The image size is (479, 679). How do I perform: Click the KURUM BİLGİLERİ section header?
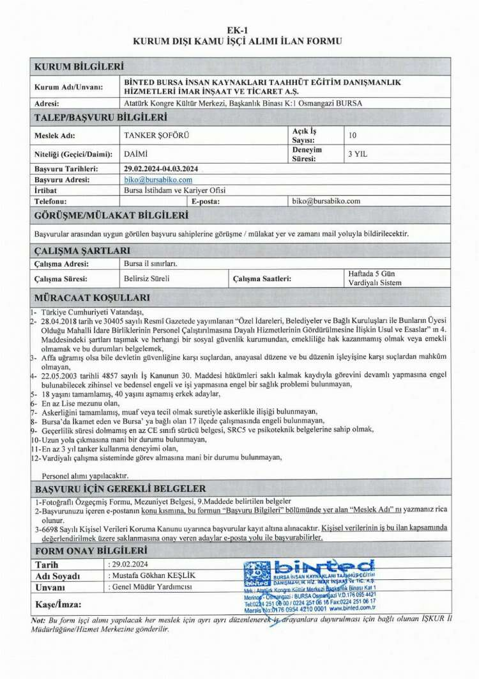pyautogui.click(x=79, y=66)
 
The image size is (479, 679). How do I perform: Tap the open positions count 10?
pyautogui.click(x=353, y=135)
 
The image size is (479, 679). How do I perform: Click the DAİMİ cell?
pyautogui.click(x=136, y=154)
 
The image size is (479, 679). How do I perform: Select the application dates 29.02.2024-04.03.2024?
pyautogui.click(x=161, y=169)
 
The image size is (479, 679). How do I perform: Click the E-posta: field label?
pyautogui.click(x=206, y=201)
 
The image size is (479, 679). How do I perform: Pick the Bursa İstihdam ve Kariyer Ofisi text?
pyautogui.click(x=174, y=190)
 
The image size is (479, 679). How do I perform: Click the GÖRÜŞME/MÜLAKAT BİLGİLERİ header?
pyautogui.click(x=110, y=215)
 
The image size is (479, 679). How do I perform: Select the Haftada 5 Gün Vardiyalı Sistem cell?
pyautogui.click(x=376, y=278)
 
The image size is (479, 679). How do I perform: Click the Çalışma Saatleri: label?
pyautogui.click(x=262, y=278)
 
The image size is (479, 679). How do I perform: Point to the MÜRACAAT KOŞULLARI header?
pyautogui.click(x=92, y=297)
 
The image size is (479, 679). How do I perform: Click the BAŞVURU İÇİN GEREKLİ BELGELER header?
pyautogui.click(x=119, y=488)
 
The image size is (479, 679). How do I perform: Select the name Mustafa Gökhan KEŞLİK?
pyautogui.click(x=153, y=575)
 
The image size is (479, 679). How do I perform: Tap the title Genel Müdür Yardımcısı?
pyautogui.click(x=151, y=586)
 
